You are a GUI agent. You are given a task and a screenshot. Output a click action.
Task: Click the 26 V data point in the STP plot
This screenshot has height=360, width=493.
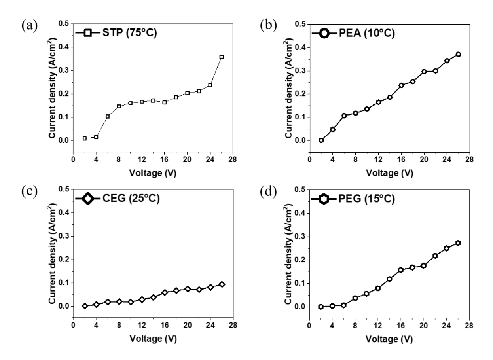point(222,57)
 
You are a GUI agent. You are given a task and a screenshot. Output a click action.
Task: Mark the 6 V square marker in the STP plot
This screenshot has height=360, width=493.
point(108,117)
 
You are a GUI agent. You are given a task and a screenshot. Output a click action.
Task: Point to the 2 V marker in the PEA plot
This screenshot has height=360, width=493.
point(321,140)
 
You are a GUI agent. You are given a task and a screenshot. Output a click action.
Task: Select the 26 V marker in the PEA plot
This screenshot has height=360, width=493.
point(458,54)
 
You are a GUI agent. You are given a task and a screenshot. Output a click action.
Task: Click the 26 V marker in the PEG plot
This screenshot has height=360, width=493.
point(458,243)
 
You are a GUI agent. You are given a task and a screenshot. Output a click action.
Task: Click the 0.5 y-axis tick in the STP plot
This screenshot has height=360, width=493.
point(64,24)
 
